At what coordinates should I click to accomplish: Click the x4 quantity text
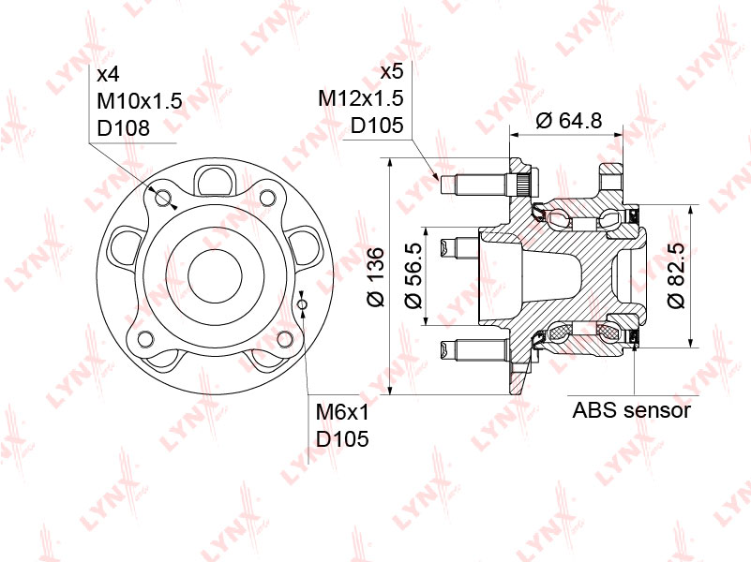coord(108,73)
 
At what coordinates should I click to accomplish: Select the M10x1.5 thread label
coord(139,100)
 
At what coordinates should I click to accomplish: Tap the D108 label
coord(123,128)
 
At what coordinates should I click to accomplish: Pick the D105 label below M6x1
coord(342,438)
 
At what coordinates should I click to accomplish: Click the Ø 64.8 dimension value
coord(568,120)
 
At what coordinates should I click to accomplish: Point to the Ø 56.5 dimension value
coord(412,277)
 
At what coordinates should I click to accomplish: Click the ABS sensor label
coord(632,410)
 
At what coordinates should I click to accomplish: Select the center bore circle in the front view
coord(217,276)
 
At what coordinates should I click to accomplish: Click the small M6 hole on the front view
coord(302,304)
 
